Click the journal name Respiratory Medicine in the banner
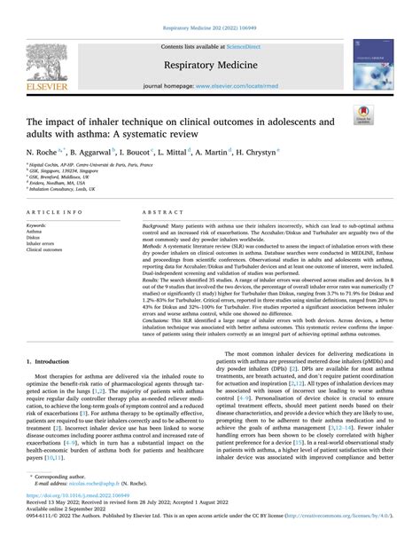pos(209,65)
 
